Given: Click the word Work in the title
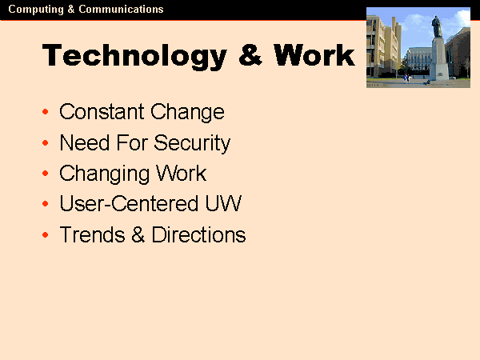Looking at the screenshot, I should pos(314,55).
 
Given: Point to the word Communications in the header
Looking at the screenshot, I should pos(121,10).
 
